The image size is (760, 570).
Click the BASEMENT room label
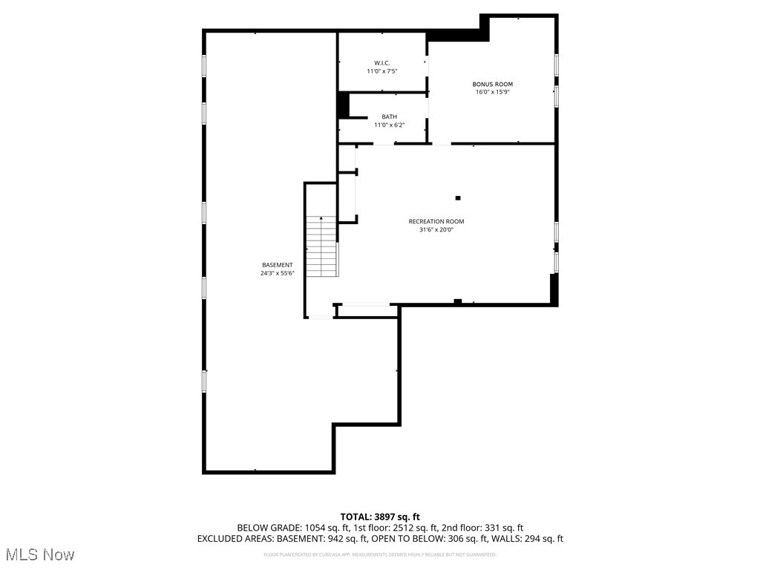click(277, 265)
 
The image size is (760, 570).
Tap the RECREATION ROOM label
click(436, 221)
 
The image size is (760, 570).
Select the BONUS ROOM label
click(492, 84)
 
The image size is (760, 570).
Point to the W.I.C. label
click(381, 63)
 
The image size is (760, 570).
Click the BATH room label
click(389, 117)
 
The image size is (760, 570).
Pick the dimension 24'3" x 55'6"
click(277, 273)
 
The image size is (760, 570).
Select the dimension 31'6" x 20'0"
click(436, 229)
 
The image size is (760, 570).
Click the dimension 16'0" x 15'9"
click(492, 92)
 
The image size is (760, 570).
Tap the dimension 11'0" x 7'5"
click(381, 71)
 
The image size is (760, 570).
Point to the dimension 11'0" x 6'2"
click(389, 125)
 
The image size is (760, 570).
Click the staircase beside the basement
click(322, 249)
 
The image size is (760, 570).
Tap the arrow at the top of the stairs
click(321, 219)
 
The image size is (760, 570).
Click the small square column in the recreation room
click(458, 197)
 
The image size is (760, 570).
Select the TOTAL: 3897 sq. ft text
click(380, 517)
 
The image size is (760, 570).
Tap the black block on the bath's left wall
click(343, 105)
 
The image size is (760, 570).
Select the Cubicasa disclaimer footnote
click(380, 554)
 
